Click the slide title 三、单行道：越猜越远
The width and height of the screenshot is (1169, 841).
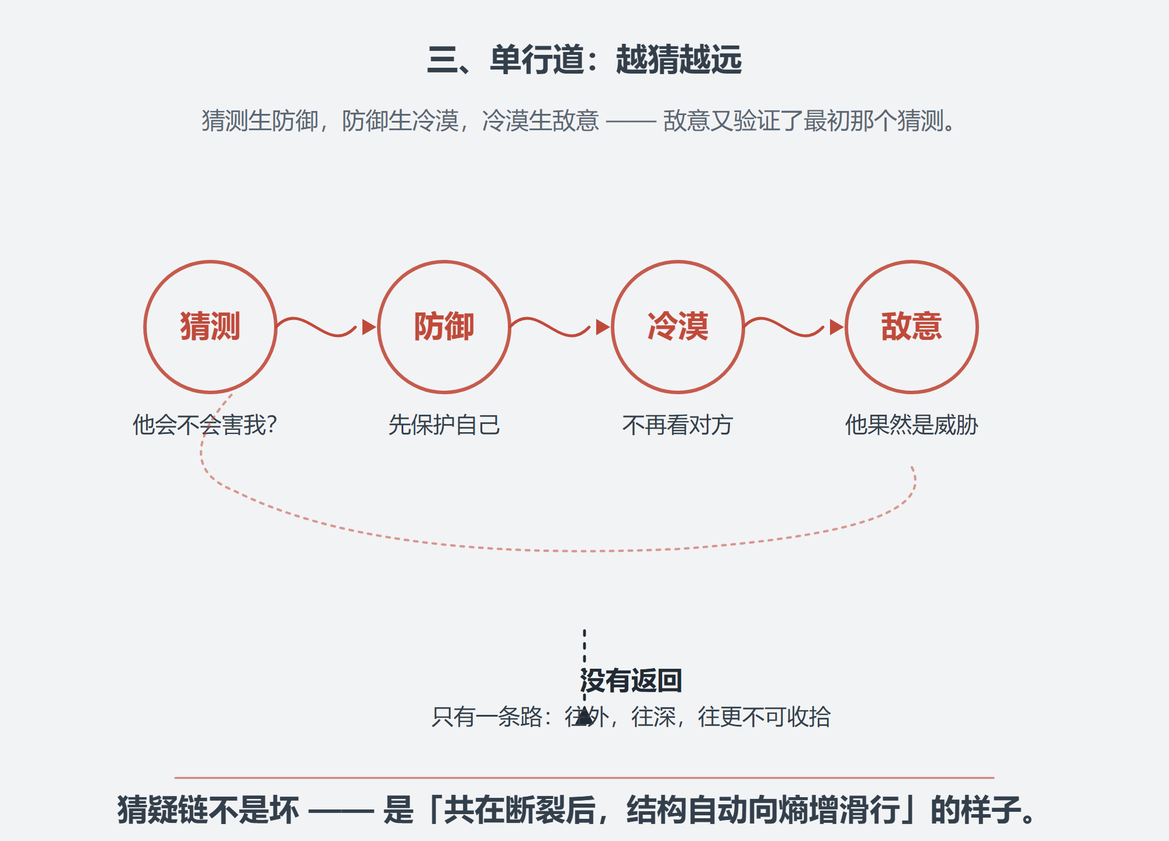click(584, 60)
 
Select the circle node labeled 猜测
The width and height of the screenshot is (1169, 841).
click(210, 262)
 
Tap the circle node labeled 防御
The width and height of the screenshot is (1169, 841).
click(444, 262)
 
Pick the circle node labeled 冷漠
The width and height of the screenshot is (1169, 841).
click(678, 262)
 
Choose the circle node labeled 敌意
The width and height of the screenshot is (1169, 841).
click(912, 262)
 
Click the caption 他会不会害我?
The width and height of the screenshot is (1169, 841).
click(205, 425)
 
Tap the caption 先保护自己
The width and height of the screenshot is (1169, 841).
click(444, 425)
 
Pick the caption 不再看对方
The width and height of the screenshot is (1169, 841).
click(678, 425)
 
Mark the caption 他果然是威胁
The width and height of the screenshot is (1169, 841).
click(912, 425)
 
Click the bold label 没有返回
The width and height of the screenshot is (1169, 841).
click(631, 680)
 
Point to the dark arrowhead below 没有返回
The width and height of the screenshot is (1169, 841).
click(584, 717)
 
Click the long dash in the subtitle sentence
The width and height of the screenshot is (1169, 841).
click(631, 122)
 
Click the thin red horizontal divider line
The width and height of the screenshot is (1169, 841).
click(584, 778)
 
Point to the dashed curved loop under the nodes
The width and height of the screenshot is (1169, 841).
click(584, 551)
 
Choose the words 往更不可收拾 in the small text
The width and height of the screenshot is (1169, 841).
click(764, 717)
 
